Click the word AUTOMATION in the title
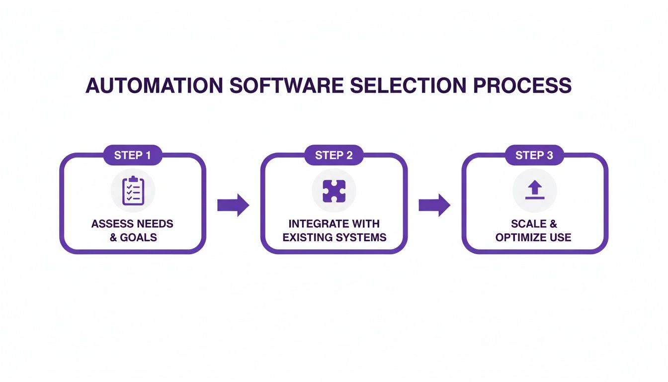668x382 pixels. click(x=153, y=86)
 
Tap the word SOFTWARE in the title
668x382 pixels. click(x=286, y=86)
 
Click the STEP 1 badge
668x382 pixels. click(x=133, y=155)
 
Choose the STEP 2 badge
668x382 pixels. click(x=334, y=155)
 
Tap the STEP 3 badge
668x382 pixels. click(x=534, y=155)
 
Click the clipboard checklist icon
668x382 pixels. click(x=133, y=191)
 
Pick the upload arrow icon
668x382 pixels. click(x=535, y=191)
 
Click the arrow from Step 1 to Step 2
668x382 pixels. click(x=233, y=205)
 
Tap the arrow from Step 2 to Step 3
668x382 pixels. click(x=434, y=205)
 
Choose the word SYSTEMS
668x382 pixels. click(x=361, y=237)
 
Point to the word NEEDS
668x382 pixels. click(x=155, y=224)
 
